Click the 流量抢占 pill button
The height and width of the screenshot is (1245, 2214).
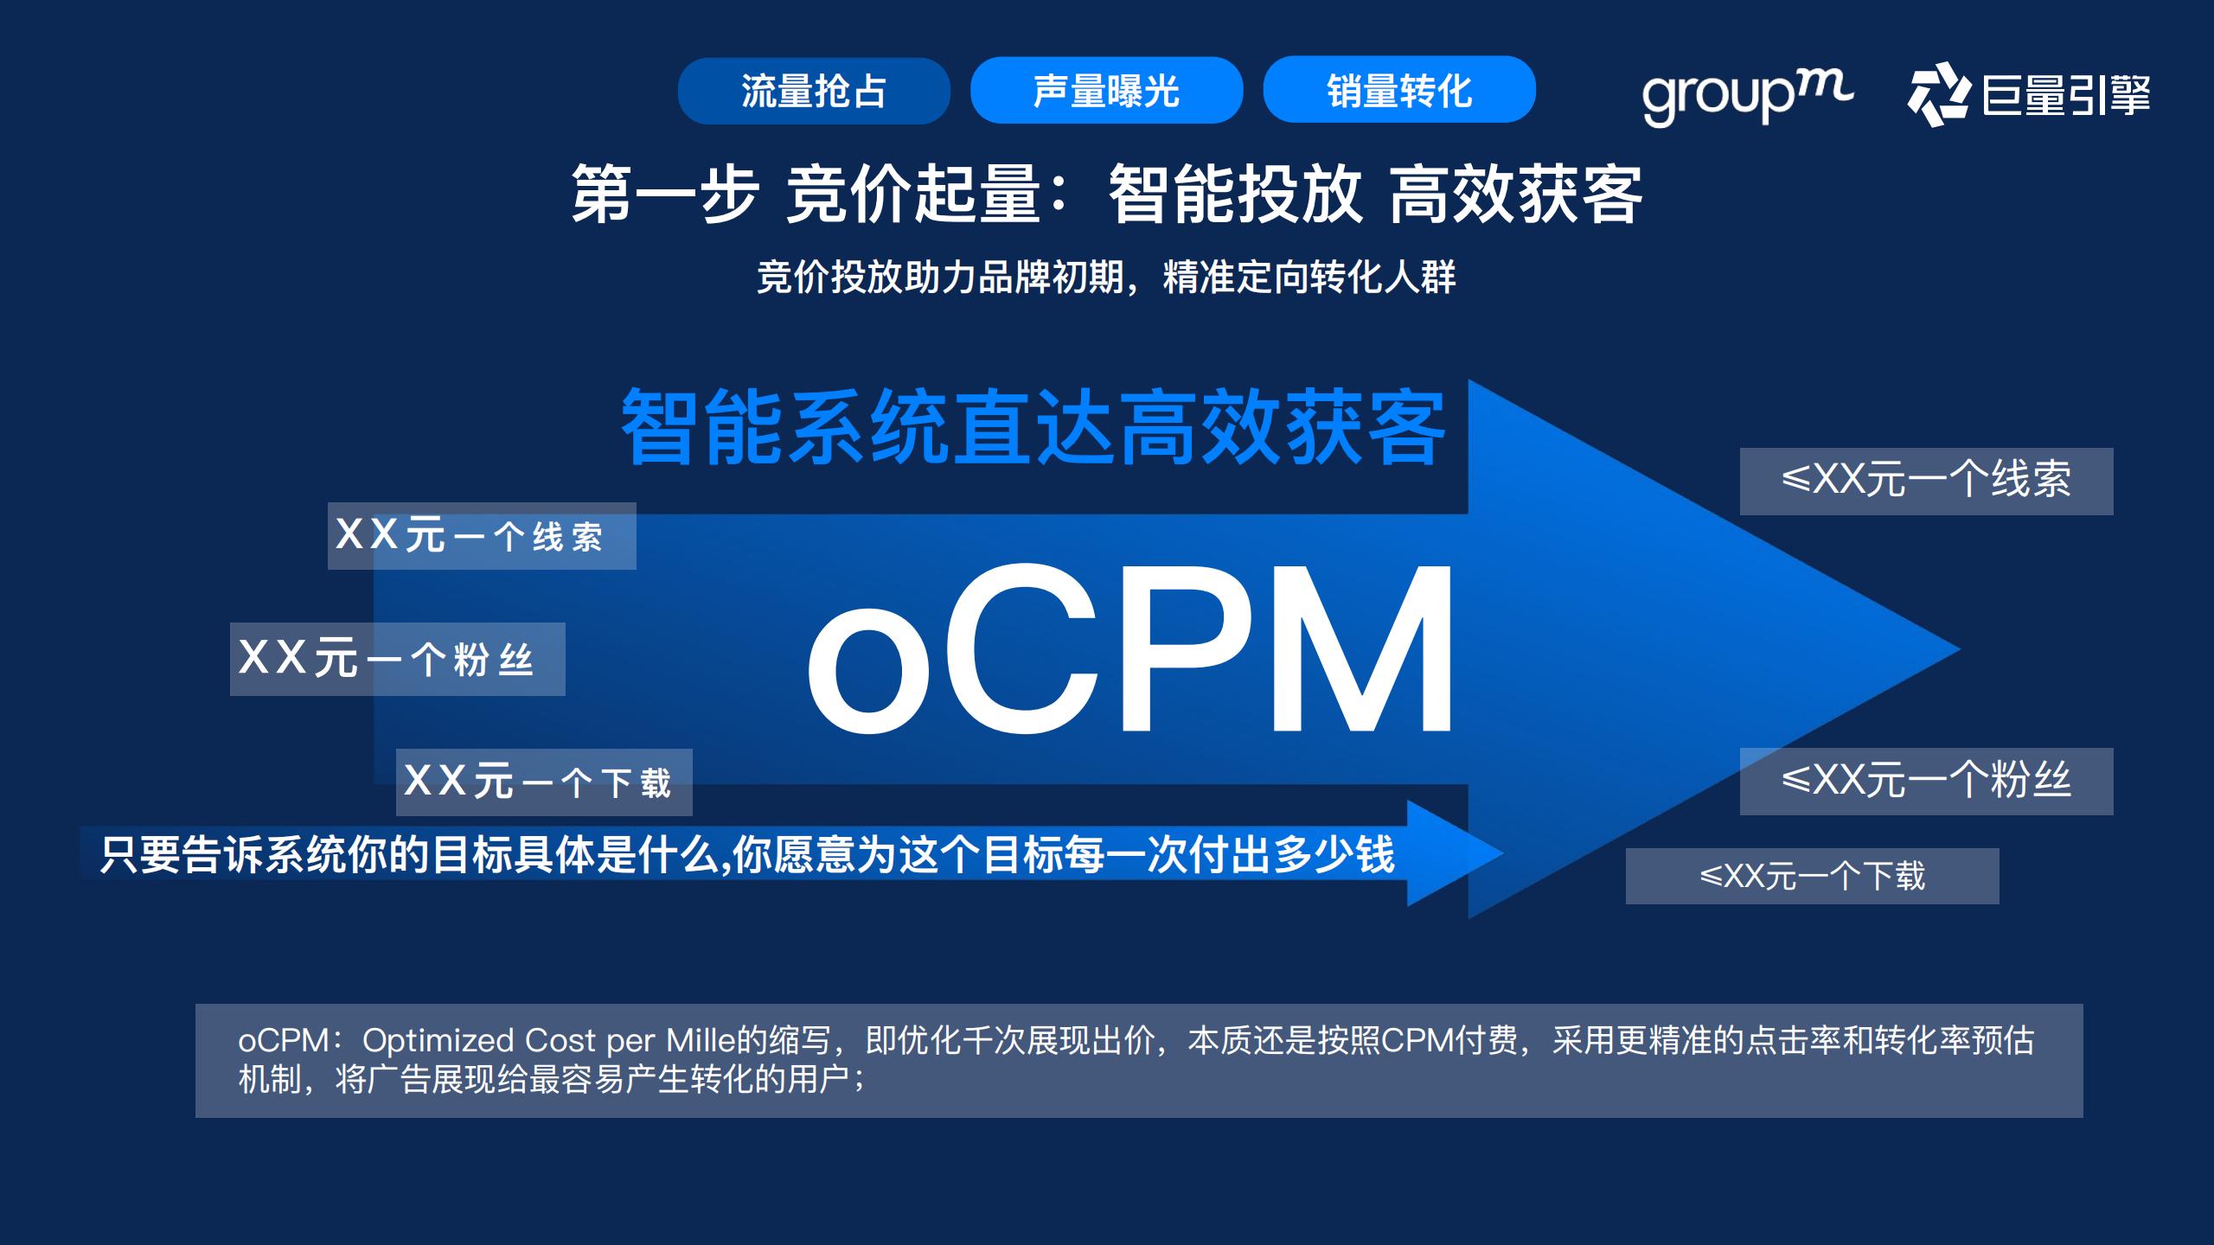pos(814,91)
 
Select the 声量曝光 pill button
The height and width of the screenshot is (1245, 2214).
pos(1106,91)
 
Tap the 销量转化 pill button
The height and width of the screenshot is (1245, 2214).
pos(1399,90)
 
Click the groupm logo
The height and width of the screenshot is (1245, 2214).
pos(1747,96)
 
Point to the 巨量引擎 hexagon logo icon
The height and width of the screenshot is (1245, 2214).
pos(1938,94)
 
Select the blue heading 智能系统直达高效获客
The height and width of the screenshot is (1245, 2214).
pos(1033,427)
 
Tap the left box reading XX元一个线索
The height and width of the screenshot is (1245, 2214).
pos(482,536)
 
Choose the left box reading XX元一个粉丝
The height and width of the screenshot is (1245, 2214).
pos(397,659)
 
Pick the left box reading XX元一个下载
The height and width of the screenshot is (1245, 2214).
pos(544,782)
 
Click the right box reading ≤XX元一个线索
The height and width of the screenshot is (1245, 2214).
pos(1926,482)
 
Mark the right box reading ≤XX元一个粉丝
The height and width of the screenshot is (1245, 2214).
pos(1926,782)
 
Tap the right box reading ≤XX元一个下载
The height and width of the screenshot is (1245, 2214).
pos(1812,877)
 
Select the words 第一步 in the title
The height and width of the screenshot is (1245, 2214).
pos(664,195)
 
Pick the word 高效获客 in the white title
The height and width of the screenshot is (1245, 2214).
pos(1515,195)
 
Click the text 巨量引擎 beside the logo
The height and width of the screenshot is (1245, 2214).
pos(2065,95)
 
